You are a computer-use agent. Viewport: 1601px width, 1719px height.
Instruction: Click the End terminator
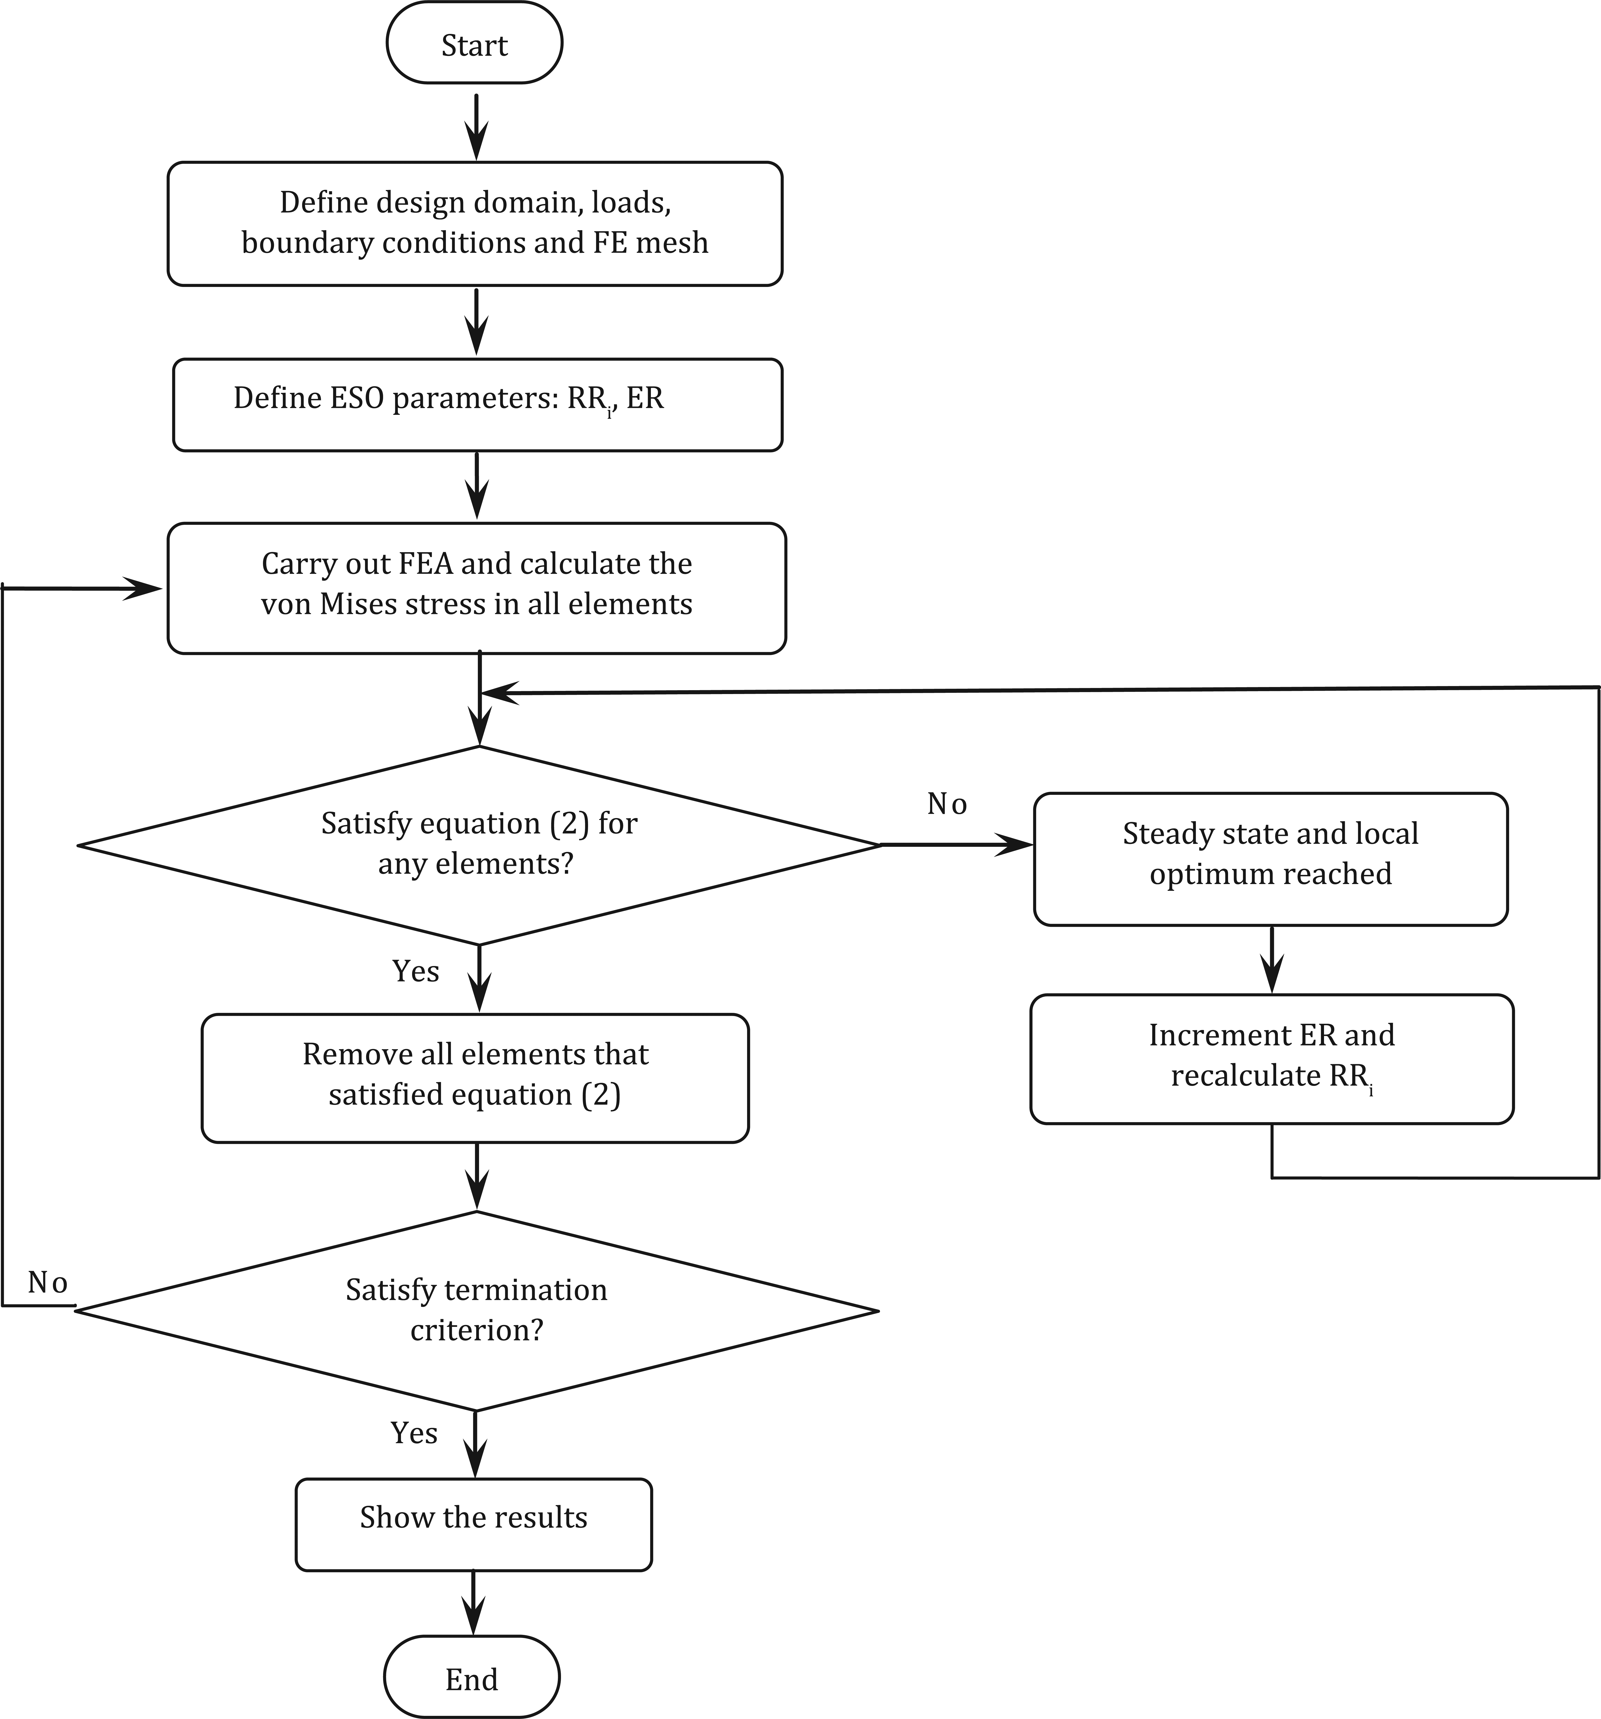[472, 1677]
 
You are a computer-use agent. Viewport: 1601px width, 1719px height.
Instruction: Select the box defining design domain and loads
[475, 223]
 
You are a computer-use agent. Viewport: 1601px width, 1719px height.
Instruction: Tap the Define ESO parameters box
[477, 405]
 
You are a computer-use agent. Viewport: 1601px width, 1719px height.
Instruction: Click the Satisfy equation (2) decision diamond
[479, 845]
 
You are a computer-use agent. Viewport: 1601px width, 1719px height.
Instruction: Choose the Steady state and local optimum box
[1271, 859]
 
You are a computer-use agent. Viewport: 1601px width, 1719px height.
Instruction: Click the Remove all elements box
[475, 1077]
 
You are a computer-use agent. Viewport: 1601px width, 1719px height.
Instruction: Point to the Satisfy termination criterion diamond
[476, 1310]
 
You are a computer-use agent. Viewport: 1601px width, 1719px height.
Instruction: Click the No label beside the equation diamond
[946, 804]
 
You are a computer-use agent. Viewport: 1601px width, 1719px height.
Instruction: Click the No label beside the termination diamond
[48, 1282]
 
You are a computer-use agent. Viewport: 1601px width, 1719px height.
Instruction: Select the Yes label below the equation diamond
[416, 971]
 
